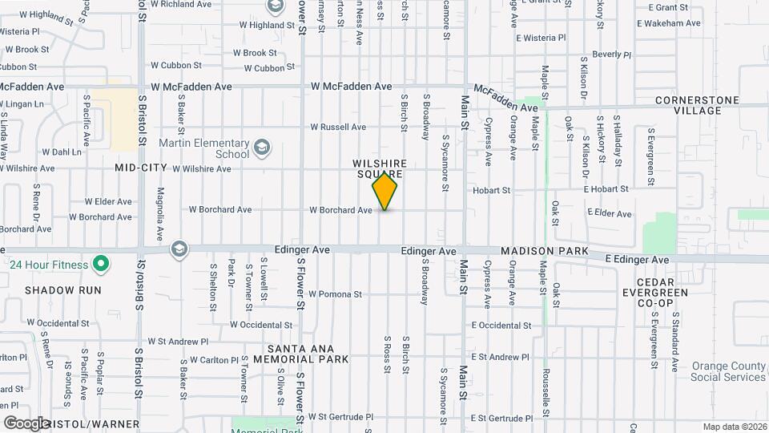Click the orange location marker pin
(x=384, y=191)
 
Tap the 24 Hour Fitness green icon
(x=101, y=263)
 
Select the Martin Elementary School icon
(x=262, y=148)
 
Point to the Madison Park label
(x=545, y=252)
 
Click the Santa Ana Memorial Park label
(x=308, y=353)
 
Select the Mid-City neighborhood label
(x=140, y=168)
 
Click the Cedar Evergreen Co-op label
(x=662, y=293)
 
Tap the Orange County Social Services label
(x=728, y=371)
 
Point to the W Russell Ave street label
(x=338, y=127)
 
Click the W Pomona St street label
(x=335, y=294)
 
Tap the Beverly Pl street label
(x=612, y=55)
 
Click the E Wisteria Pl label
(x=541, y=38)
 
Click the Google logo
(x=26, y=423)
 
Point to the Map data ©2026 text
(x=734, y=427)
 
